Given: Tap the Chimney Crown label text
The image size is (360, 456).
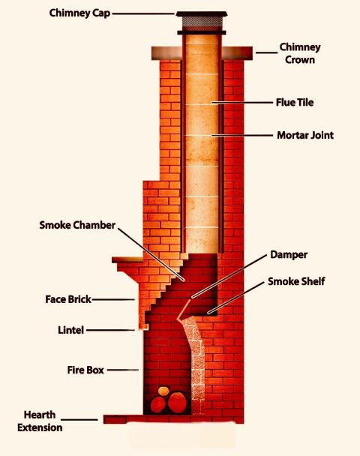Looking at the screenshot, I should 300,52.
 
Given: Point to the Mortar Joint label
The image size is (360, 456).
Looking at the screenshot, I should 304,136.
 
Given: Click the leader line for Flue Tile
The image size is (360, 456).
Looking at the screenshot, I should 244,101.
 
